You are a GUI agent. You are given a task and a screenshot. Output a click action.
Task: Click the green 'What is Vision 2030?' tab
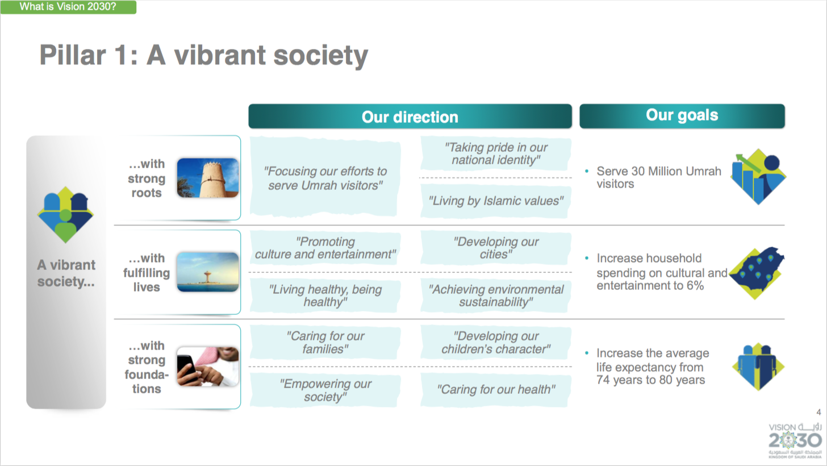pyautogui.click(x=68, y=7)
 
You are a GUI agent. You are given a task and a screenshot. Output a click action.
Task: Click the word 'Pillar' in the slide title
pyautogui.click(x=72, y=55)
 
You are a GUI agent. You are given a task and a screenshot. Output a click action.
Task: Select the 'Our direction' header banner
pyautogui.click(x=410, y=116)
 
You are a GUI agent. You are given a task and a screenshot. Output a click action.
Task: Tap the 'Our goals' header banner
pyautogui.click(x=682, y=115)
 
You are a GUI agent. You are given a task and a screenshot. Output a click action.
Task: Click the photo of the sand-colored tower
pyautogui.click(x=208, y=178)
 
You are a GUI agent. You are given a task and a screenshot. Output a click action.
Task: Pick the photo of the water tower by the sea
pyautogui.click(x=208, y=272)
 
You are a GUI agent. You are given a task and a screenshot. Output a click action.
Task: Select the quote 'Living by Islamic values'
pyautogui.click(x=496, y=201)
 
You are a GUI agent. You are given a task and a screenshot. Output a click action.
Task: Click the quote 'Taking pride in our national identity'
pyautogui.click(x=496, y=153)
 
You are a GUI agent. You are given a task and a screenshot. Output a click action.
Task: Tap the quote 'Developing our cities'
pyautogui.click(x=496, y=248)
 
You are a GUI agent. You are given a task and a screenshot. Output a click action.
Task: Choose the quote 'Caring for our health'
pyautogui.click(x=496, y=389)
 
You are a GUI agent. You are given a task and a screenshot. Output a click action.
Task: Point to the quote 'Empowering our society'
pyautogui.click(x=325, y=390)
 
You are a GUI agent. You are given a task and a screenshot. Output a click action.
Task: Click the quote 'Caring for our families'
pyautogui.click(x=325, y=342)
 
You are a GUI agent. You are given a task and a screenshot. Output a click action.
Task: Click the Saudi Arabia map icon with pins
pyautogui.click(x=757, y=273)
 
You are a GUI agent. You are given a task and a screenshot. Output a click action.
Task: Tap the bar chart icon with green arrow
pyautogui.click(x=758, y=177)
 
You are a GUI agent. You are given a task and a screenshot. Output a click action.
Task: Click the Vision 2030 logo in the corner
pyautogui.click(x=795, y=440)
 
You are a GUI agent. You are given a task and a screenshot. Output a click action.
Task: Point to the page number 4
pyautogui.click(x=818, y=412)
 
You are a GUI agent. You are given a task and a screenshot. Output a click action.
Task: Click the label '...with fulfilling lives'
pyautogui.click(x=147, y=273)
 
